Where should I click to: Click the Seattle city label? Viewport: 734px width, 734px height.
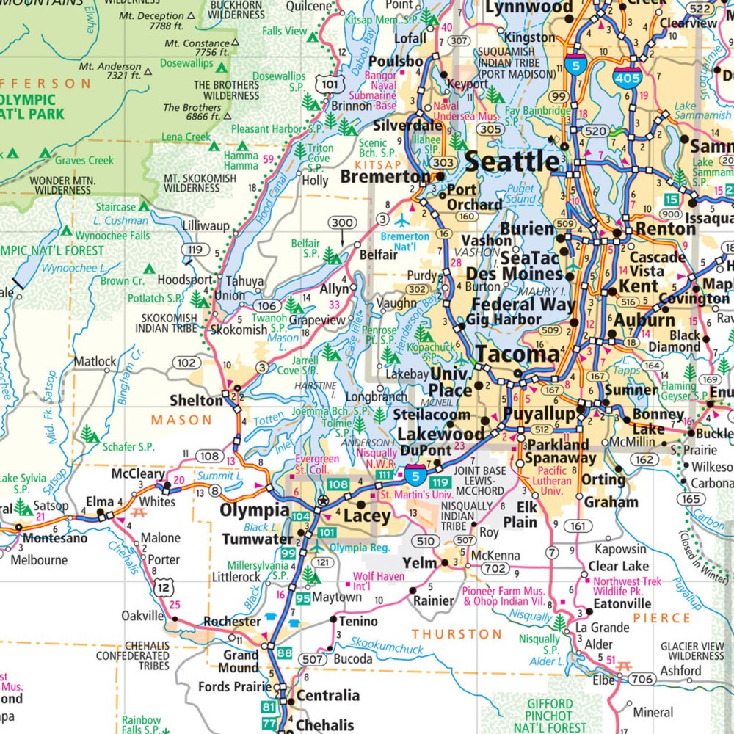click(x=512, y=161)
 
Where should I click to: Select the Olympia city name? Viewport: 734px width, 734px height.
click(x=256, y=510)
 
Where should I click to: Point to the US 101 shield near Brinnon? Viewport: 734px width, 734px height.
click(x=330, y=85)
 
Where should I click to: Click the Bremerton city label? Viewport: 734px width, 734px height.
click(x=385, y=177)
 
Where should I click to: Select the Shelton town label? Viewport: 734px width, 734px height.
click(x=195, y=401)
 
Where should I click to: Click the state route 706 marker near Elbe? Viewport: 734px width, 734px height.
click(x=642, y=680)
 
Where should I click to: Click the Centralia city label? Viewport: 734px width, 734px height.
click(x=327, y=695)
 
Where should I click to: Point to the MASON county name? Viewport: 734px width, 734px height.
click(x=181, y=421)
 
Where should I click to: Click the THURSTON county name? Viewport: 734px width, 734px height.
click(x=457, y=633)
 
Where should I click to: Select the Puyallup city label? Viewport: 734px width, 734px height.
click(x=539, y=415)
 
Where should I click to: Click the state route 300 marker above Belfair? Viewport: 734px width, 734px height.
click(x=343, y=223)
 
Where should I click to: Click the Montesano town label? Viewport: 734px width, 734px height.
click(x=55, y=538)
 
